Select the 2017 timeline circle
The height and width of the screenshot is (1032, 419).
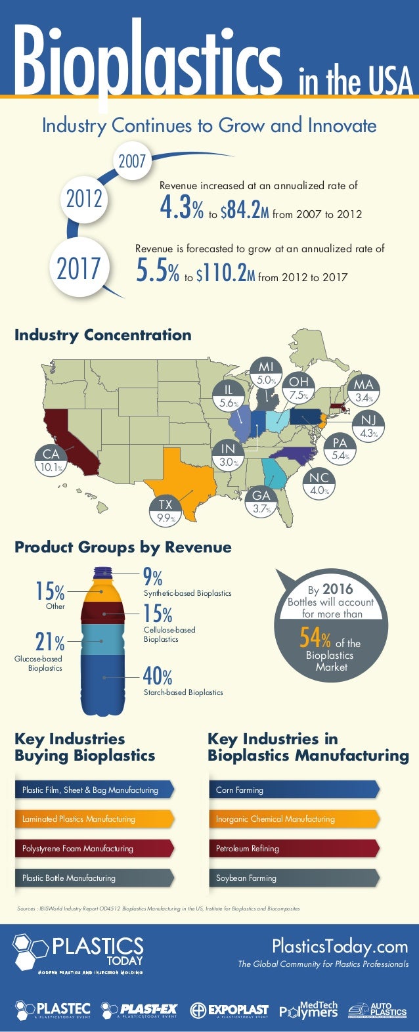(x=79, y=269)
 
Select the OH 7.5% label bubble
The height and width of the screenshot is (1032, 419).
(x=298, y=388)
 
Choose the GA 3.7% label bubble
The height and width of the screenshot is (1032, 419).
(x=261, y=502)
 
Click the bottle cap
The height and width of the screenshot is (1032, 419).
(x=103, y=572)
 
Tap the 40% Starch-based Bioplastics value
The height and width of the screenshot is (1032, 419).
(x=158, y=676)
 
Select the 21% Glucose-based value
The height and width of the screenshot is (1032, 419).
(x=49, y=641)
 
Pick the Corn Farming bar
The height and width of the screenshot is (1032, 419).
(x=293, y=790)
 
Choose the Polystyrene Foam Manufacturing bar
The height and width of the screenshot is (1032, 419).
(x=94, y=848)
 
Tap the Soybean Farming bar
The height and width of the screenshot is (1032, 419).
(x=293, y=878)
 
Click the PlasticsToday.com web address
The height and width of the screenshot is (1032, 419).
(x=340, y=947)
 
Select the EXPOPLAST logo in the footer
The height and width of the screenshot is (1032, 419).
(x=229, y=1010)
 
